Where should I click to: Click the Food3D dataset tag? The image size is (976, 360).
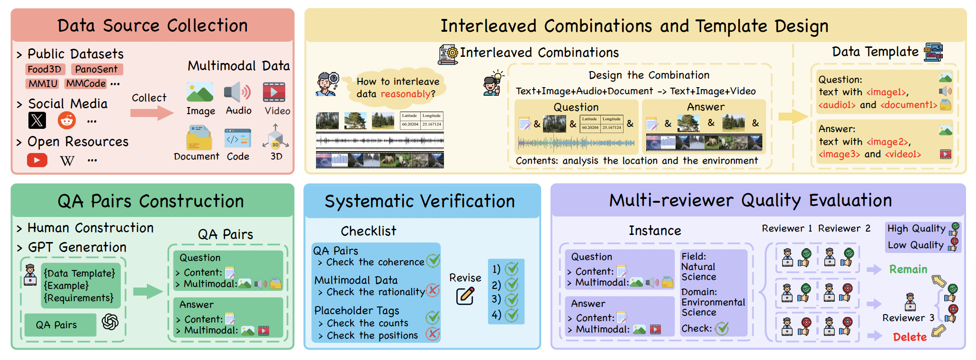pyautogui.click(x=44, y=69)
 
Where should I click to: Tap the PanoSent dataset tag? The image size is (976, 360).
pyautogui.click(x=96, y=69)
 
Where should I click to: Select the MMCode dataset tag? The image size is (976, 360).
pyautogui.click(x=86, y=83)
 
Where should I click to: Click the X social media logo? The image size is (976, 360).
pyautogui.click(x=37, y=120)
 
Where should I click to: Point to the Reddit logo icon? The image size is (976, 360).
pyautogui.click(x=67, y=120)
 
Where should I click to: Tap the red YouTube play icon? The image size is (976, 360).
pyautogui.click(x=37, y=160)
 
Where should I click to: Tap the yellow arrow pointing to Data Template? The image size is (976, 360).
pyautogui.click(x=793, y=116)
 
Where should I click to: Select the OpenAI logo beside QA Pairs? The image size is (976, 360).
pyautogui.click(x=110, y=322)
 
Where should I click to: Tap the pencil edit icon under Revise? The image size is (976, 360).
pyautogui.click(x=465, y=296)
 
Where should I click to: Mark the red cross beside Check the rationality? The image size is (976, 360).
pyautogui.click(x=433, y=290)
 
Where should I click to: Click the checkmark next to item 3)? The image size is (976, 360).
pyautogui.click(x=512, y=299)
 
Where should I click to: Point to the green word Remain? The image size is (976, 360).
pyautogui.click(x=908, y=269)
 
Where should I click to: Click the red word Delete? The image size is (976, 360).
pyautogui.click(x=910, y=337)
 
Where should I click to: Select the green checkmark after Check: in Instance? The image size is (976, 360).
pyautogui.click(x=722, y=328)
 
